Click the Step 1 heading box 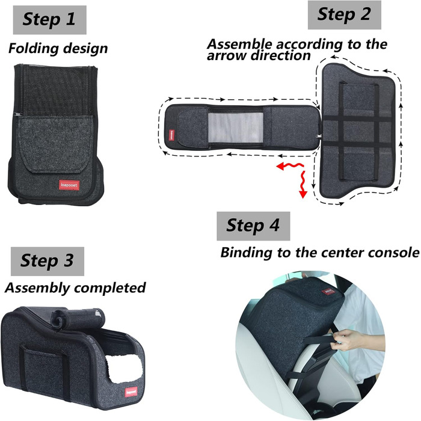pos(50,20)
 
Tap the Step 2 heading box pos(345,15)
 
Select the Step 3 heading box pos(48,261)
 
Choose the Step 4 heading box pos(253,226)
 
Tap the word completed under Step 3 pos(110,288)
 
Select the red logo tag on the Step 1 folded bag pos(69,185)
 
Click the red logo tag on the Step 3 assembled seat pos(131,392)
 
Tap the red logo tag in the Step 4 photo pos(328,292)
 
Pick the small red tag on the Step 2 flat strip pos(171,135)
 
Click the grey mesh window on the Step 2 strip pos(236,128)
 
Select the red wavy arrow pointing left pos(290,166)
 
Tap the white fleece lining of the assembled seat pos(124,368)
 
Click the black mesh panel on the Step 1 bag pos(55,91)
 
